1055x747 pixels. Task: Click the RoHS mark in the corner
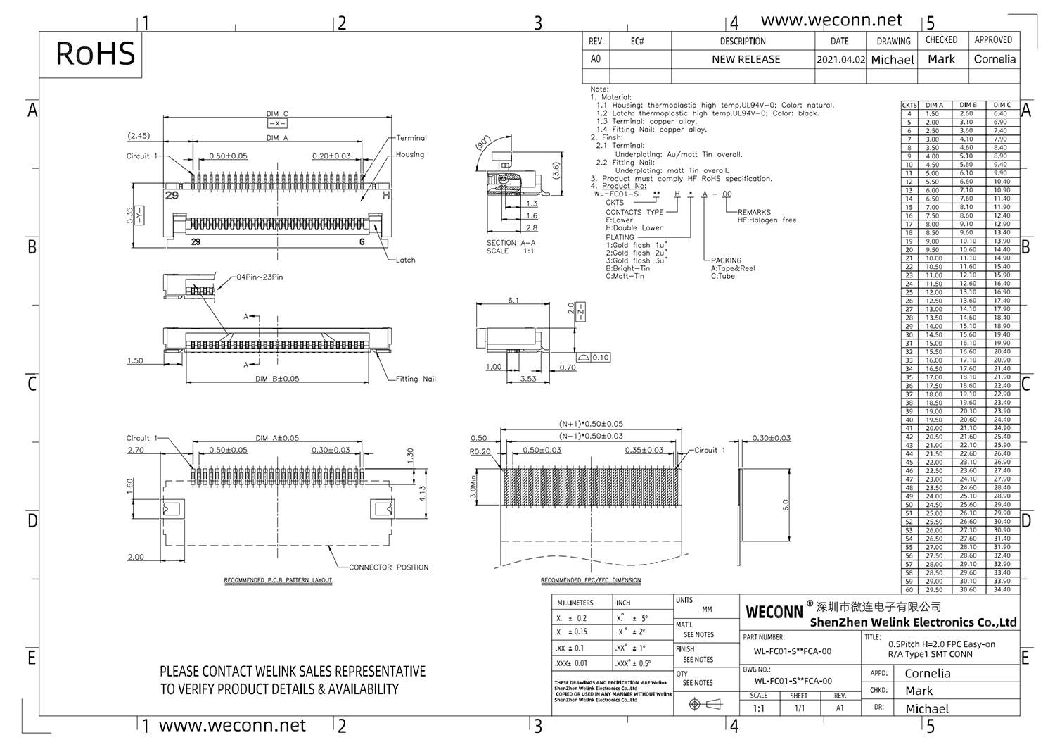[x=95, y=54]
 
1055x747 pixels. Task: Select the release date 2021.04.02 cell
[x=840, y=60]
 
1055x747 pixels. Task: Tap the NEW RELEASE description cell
[x=746, y=60]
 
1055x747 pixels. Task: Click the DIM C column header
[x=1002, y=105]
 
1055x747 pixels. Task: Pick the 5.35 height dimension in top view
[x=129, y=215]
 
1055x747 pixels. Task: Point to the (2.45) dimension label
[x=139, y=136]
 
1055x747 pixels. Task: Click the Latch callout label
[x=405, y=260]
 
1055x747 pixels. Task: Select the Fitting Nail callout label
[x=415, y=379]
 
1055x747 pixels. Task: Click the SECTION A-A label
[x=511, y=243]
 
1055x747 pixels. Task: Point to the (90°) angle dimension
[x=484, y=143]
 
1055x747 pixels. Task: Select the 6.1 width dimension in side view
[x=513, y=301]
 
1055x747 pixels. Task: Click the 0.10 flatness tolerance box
[x=600, y=358]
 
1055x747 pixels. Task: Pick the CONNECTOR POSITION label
[x=388, y=567]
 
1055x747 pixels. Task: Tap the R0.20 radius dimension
[x=480, y=452]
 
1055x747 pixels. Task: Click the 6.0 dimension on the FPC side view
[x=786, y=505]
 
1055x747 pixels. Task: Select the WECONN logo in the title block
[x=774, y=613]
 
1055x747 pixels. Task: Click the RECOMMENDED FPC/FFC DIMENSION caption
[x=591, y=581]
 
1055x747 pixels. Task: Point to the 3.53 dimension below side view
[x=528, y=379]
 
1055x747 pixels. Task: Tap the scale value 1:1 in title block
[x=758, y=708]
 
